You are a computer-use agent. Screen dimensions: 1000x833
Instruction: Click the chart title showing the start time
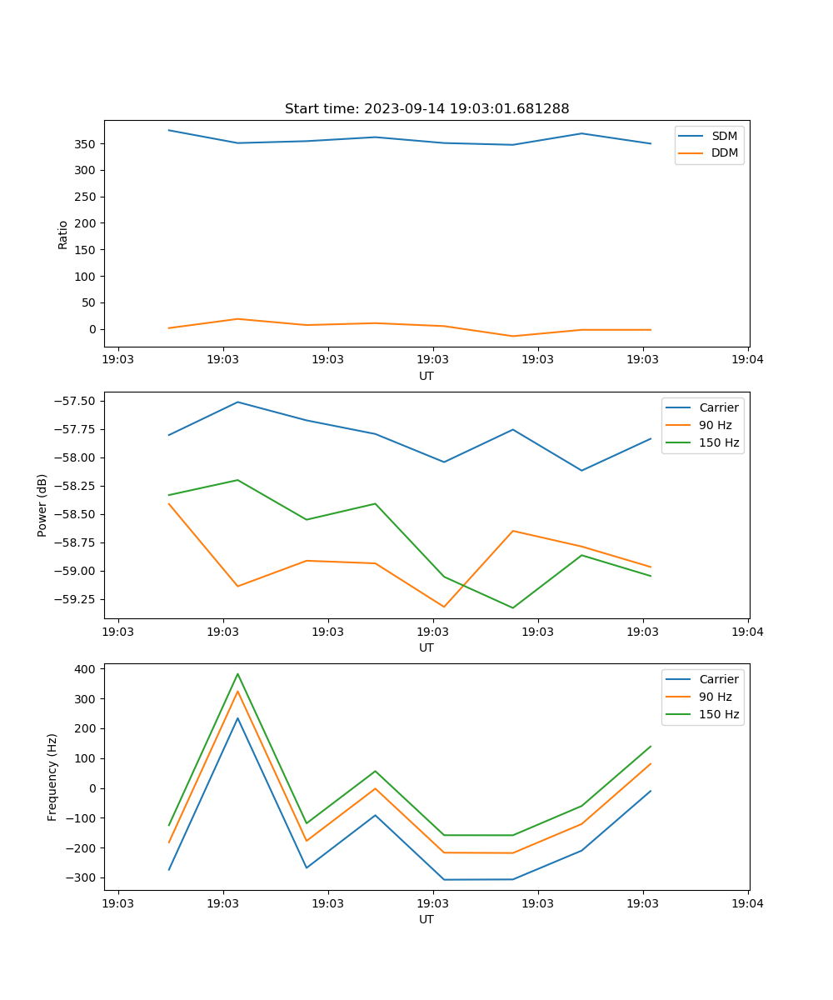[426, 109]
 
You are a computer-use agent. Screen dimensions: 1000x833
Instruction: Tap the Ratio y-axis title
[63, 234]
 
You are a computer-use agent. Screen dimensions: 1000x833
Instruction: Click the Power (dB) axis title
[42, 505]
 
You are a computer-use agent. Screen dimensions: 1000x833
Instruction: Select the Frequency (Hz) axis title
[52, 777]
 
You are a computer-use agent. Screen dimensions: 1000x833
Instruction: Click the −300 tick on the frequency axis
[83, 877]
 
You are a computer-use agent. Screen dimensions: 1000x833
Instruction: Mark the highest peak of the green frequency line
[237, 674]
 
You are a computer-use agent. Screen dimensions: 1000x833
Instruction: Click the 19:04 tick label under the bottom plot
[747, 902]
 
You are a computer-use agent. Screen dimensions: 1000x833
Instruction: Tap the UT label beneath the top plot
[426, 376]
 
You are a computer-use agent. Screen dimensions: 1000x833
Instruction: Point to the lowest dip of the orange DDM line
[512, 336]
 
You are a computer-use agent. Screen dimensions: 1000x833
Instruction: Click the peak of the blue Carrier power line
[237, 402]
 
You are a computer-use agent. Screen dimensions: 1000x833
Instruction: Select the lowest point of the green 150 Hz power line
[512, 607]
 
